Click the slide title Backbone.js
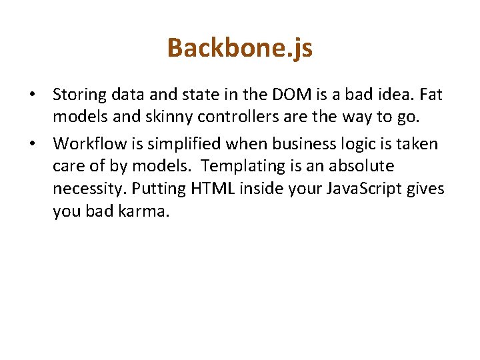239,48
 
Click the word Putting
159,189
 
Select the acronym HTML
213,189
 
